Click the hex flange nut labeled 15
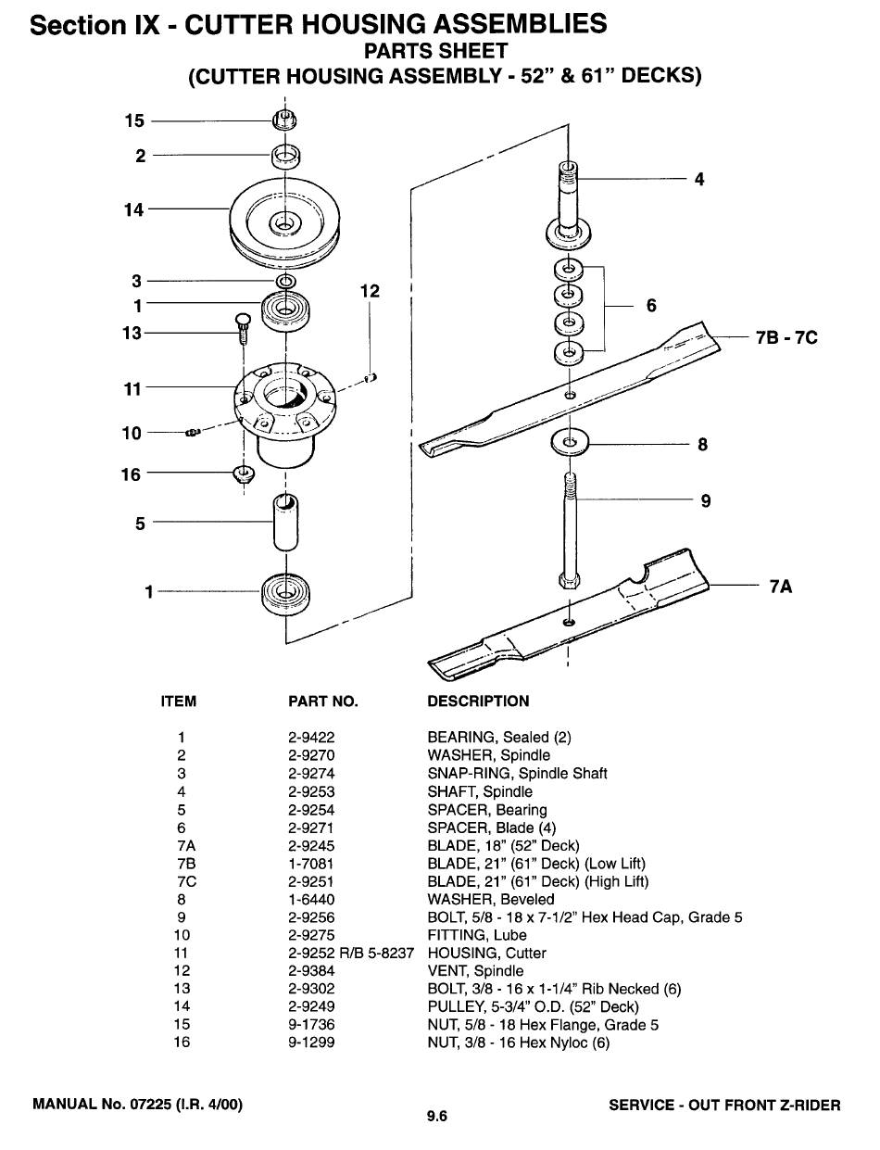(x=284, y=120)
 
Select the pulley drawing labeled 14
(x=284, y=222)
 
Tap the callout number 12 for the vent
(x=370, y=291)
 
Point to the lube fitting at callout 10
(x=193, y=433)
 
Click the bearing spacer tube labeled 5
(x=285, y=523)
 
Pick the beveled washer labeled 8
(x=570, y=442)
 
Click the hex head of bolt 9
(x=569, y=579)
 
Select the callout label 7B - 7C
(x=786, y=337)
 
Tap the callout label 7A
(x=781, y=587)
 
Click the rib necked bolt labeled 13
(x=241, y=328)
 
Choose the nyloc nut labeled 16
(x=244, y=474)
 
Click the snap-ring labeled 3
(x=286, y=281)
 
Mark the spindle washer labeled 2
(x=285, y=157)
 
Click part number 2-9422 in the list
(x=311, y=738)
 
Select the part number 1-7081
(x=310, y=864)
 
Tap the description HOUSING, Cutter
(x=486, y=954)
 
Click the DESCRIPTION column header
(x=478, y=701)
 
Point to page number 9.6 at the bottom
(x=437, y=1116)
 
